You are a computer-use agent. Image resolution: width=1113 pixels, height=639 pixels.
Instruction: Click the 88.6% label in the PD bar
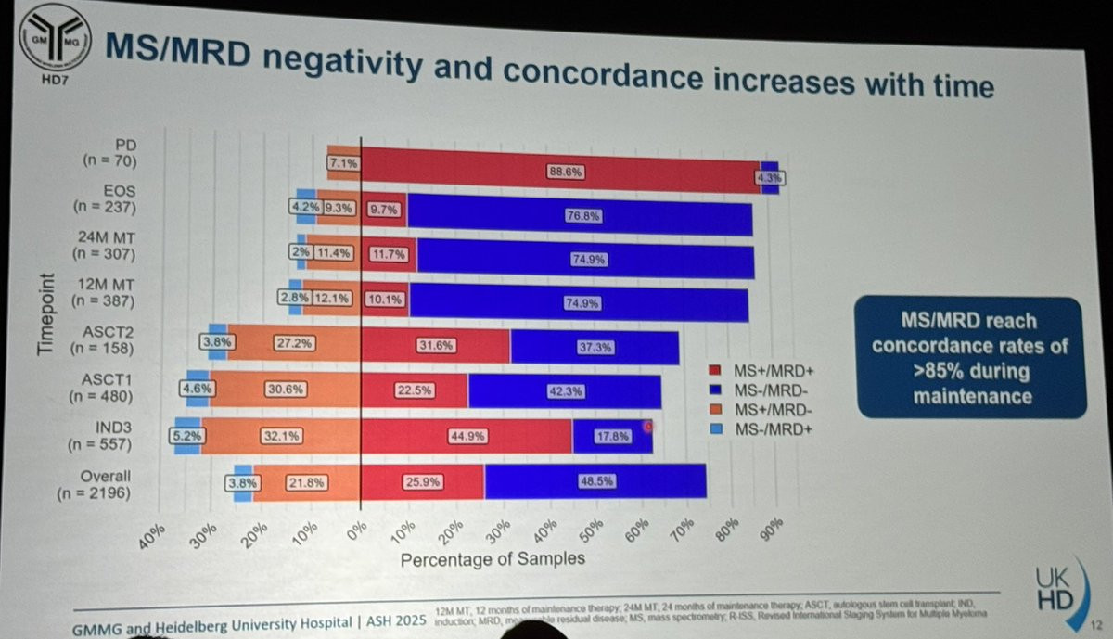click(558, 172)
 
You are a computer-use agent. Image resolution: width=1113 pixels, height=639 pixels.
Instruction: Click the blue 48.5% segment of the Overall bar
click(595, 481)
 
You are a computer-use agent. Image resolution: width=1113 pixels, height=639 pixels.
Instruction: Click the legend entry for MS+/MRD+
click(761, 369)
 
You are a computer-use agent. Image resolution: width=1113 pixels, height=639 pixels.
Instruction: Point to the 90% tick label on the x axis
click(769, 531)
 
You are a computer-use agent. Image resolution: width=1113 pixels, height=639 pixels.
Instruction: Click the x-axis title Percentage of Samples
click(493, 558)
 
